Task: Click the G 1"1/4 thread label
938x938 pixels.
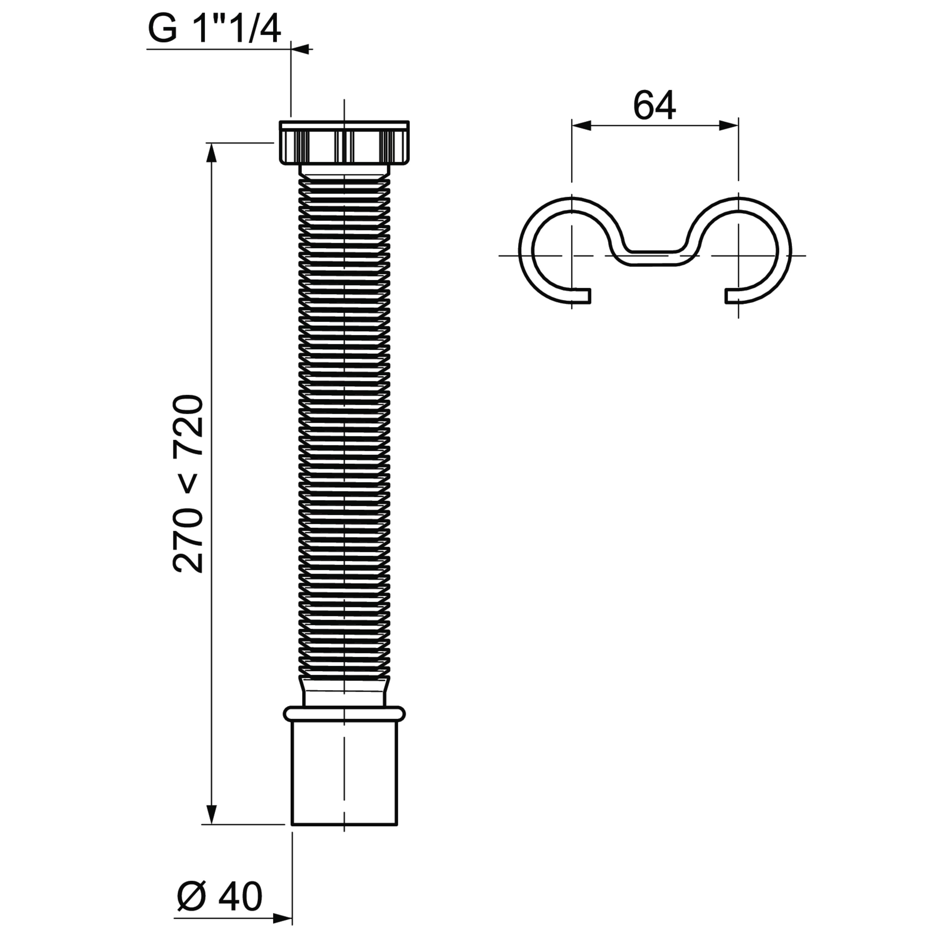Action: click(x=214, y=30)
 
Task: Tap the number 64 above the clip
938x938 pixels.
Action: click(x=654, y=106)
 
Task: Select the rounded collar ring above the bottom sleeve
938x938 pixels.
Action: click(x=344, y=714)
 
